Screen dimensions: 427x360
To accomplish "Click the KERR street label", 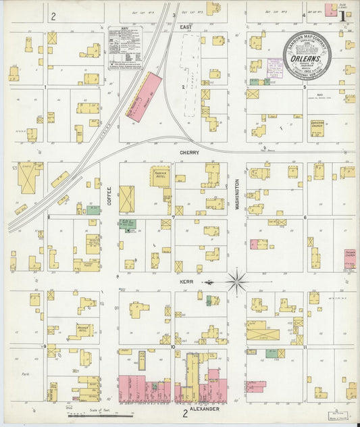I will tap(186, 282).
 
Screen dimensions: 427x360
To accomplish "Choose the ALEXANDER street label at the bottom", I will tap(205, 409).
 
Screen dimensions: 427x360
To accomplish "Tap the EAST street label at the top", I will tap(186, 27).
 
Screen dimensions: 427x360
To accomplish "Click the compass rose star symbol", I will tap(236, 281).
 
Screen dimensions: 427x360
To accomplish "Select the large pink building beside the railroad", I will tap(144, 97).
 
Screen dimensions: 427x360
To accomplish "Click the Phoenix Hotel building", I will tap(161, 176).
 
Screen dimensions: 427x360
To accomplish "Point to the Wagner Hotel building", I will tap(84, 330).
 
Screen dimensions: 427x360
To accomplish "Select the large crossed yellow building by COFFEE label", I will tap(127, 199).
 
